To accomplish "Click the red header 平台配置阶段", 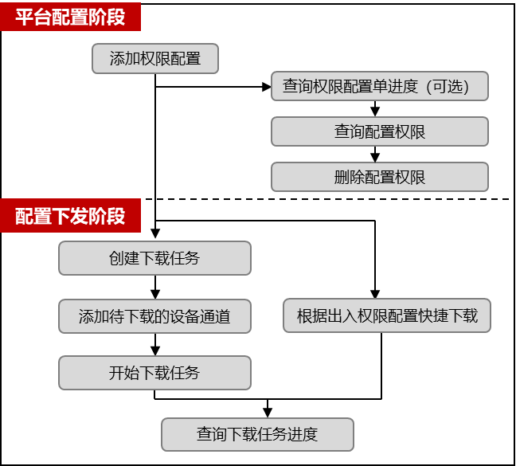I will [x=70, y=16].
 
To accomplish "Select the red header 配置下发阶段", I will [x=70, y=216].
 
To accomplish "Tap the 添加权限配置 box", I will [x=154, y=59].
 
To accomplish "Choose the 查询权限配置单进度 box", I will [x=379, y=86].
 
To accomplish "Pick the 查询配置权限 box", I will [x=379, y=131].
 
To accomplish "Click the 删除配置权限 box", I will [x=379, y=177].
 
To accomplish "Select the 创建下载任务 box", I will [x=154, y=258].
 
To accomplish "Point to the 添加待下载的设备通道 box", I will [x=154, y=316].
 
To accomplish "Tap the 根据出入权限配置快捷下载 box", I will [x=387, y=315].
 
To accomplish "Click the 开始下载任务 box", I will [x=154, y=373].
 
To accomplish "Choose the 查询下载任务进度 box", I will [x=257, y=434].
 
